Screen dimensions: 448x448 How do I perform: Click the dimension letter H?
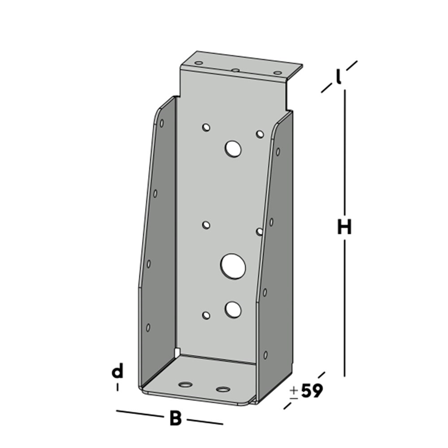click(x=344, y=227)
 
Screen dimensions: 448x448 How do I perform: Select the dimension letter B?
click(x=175, y=418)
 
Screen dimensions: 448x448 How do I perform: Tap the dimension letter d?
click(x=118, y=370)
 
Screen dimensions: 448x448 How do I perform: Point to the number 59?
click(x=311, y=391)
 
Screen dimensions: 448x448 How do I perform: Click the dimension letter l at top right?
click(x=338, y=76)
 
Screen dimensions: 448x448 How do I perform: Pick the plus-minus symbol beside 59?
click(x=294, y=392)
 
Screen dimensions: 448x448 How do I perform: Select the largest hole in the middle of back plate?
click(x=231, y=265)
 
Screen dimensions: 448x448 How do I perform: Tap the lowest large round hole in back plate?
click(x=233, y=310)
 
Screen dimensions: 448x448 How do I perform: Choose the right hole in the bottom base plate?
click(x=223, y=389)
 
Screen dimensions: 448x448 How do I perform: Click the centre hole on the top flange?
click(x=235, y=70)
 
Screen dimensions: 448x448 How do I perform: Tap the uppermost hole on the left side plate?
click(x=161, y=123)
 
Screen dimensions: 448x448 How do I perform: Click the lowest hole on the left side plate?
click(x=148, y=328)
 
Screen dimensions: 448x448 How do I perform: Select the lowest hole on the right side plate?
click(x=265, y=355)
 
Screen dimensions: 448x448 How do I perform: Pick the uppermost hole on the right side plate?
click(x=277, y=152)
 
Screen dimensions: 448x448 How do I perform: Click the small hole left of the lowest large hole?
click(x=206, y=315)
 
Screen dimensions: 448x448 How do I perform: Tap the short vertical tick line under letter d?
click(x=118, y=386)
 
